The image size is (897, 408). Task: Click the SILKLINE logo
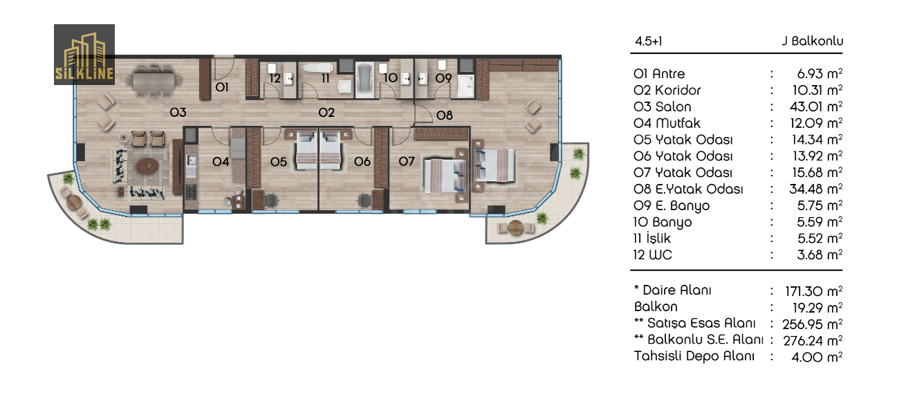coord(84,55)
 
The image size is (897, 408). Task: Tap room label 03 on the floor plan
coord(178,113)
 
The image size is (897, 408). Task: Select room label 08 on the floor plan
coord(444,115)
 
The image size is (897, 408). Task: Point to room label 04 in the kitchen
coord(221,162)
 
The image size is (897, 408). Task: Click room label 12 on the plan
coord(275,78)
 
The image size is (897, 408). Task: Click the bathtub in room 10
coord(364,80)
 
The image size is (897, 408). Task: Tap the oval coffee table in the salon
coord(147,165)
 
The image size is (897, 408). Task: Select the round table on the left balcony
coord(74,203)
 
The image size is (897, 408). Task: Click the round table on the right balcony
coord(515,228)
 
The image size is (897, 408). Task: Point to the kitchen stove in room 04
coord(191,192)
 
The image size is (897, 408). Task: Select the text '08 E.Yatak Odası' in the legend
coord(688,189)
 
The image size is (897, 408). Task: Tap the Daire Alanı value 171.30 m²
coord(813,291)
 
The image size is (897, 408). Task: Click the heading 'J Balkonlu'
coord(812,41)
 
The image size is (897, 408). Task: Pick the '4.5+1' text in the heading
coord(648,41)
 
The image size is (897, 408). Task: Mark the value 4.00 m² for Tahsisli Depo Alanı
coord(817,357)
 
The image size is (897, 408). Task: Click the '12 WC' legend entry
coord(652,255)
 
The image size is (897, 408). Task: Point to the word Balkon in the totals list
coord(656,307)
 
